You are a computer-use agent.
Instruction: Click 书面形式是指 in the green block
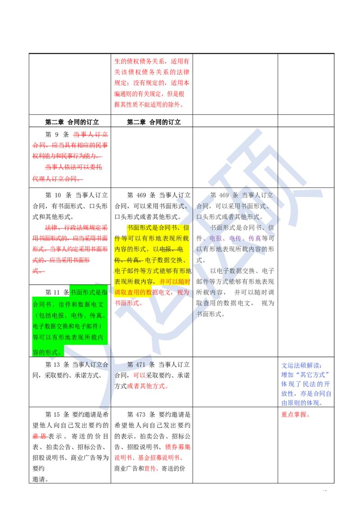(89, 292)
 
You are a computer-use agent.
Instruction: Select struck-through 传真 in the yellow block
(135, 260)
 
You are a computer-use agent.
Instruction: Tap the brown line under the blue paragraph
(306, 419)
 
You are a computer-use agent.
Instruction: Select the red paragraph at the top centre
(152, 82)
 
